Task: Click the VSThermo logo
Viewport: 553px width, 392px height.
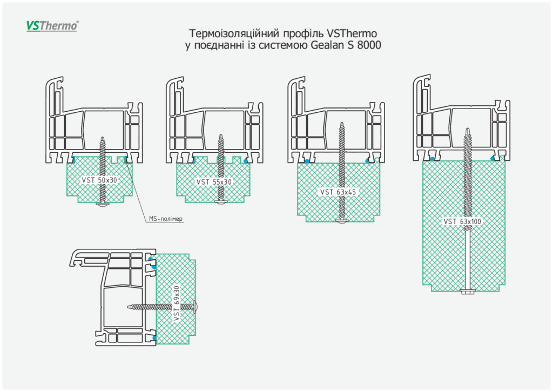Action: coord(52,25)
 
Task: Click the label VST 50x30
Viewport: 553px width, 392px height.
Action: coord(99,180)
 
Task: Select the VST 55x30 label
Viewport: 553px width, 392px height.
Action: coord(214,182)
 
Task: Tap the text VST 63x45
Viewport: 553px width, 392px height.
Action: coord(339,192)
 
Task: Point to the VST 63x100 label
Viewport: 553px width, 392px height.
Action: coord(462,221)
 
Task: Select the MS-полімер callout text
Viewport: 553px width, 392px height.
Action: coord(166,219)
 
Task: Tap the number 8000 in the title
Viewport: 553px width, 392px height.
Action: coord(369,45)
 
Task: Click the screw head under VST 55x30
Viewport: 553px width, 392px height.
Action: coord(220,202)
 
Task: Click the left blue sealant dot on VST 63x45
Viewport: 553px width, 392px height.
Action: coord(306,161)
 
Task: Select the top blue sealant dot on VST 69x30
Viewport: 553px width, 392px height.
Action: coord(154,267)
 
